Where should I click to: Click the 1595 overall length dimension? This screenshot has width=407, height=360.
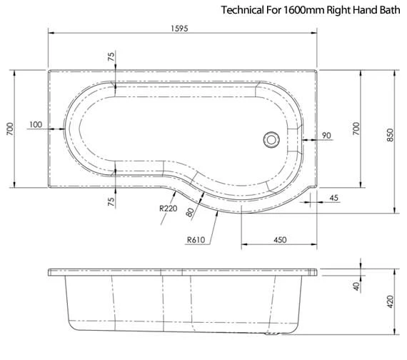tap(179, 29)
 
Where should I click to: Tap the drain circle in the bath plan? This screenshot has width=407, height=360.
tap(271, 140)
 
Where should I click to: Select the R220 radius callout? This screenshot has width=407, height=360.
tap(169, 209)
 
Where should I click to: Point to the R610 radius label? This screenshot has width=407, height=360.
tap(196, 240)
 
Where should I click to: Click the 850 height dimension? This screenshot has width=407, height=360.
tap(390, 135)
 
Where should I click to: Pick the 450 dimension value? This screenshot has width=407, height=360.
tap(280, 239)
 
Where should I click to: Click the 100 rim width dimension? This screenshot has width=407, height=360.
tap(36, 124)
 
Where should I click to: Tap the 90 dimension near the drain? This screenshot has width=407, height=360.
tap(326, 135)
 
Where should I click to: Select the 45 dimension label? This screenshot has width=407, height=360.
tap(333, 198)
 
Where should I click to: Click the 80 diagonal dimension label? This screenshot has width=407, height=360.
tap(190, 212)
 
